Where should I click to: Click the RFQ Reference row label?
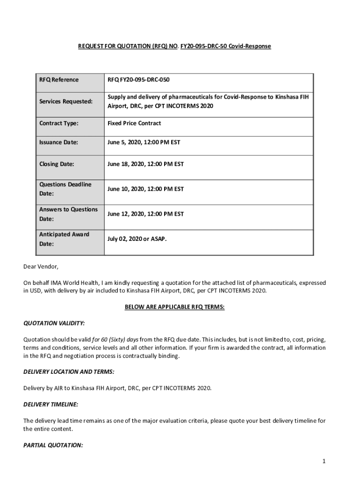pos(59,80)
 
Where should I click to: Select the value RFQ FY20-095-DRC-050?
pos(138,80)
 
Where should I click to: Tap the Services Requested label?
pos(65,101)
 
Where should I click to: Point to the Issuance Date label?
pos(59,142)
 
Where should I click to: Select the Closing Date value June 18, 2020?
pos(145,164)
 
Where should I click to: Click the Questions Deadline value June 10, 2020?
pos(145,189)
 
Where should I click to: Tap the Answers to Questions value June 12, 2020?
pos(145,214)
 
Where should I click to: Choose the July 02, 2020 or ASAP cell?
pos(137,239)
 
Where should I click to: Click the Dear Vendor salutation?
pos(42,267)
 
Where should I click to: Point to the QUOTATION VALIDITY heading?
pos(54,323)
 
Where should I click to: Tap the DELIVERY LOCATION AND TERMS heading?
pos(69,371)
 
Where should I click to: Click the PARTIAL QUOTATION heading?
pos(53,445)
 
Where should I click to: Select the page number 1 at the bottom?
pos(323,461)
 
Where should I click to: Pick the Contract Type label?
pos(59,123)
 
